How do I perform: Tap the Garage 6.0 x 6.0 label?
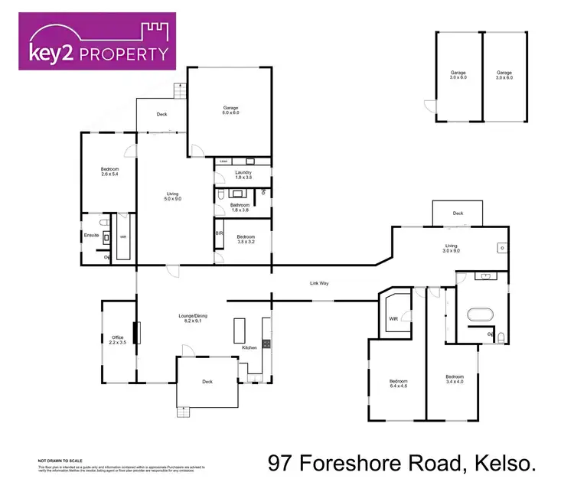[231, 110]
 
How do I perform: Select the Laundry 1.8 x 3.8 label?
[243, 175]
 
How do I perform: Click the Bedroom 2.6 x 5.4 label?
[109, 172]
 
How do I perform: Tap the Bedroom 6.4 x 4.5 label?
[398, 384]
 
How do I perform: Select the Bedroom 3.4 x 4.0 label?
[455, 380]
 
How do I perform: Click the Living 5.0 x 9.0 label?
[174, 196]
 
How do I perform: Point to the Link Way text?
[318, 283]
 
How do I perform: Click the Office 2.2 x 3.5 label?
[117, 339]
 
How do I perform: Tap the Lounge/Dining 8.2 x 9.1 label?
[194, 318]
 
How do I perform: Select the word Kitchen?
[249, 348]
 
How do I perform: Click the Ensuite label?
[92, 234]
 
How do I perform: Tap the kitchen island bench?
[236, 331]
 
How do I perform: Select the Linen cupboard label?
[223, 161]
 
